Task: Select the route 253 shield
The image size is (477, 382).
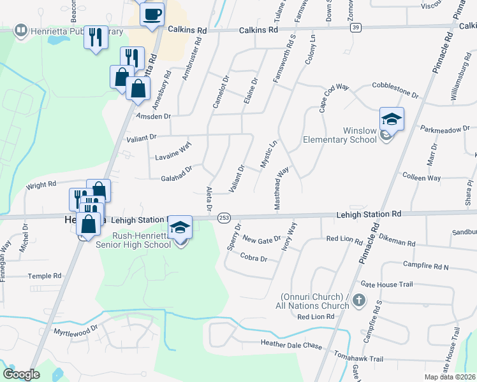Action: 224,218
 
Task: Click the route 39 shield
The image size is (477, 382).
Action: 356,27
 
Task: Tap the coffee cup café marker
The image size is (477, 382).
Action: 152,14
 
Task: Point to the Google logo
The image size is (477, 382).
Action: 21,374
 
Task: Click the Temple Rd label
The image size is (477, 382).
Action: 44,276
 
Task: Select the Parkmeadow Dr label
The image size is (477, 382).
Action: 445,130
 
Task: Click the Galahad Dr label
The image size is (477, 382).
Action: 177,174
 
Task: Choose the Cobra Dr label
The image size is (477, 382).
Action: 253,258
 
